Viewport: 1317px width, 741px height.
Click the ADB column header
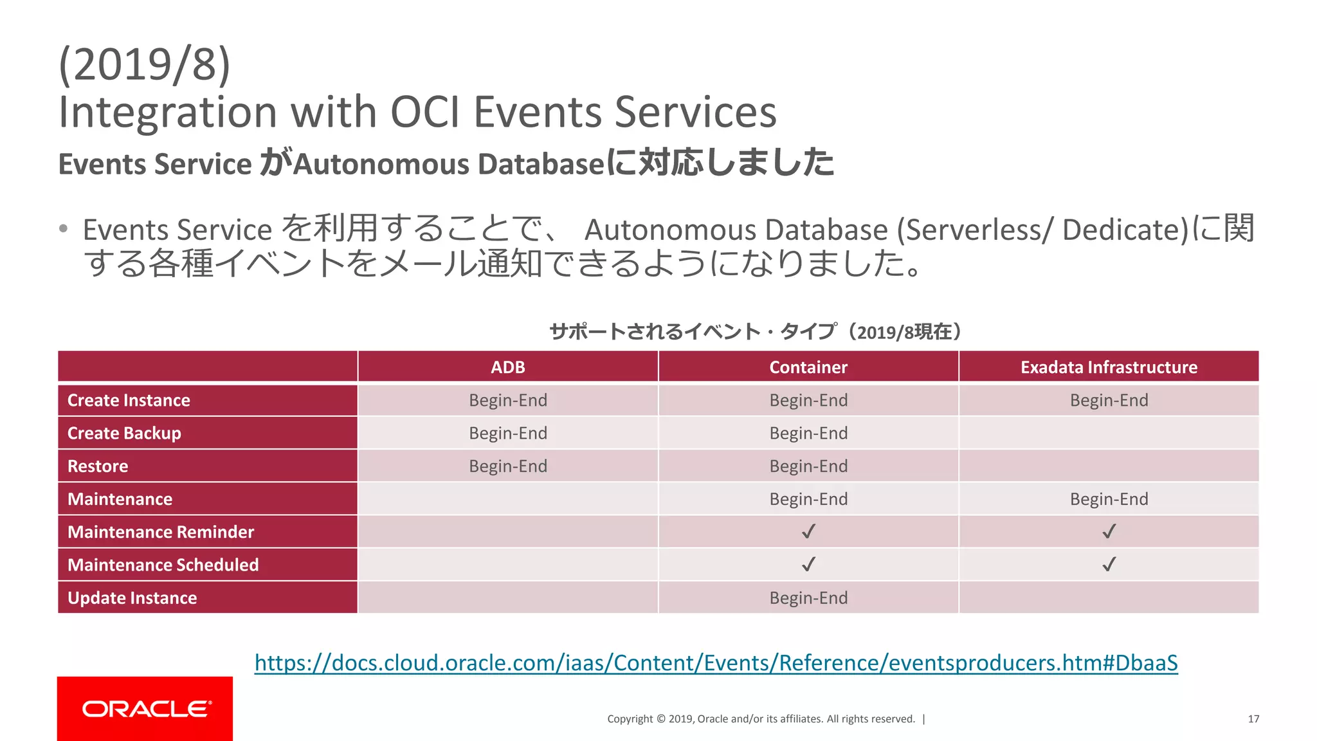click(x=507, y=367)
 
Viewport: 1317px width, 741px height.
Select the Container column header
click(x=808, y=367)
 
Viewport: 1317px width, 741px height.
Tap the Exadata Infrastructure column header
click(x=1109, y=367)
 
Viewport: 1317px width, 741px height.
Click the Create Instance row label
click(x=129, y=400)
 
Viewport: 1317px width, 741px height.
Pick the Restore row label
click(x=98, y=466)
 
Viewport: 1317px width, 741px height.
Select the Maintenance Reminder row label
click(x=161, y=532)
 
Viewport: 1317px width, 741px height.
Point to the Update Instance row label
click(x=132, y=598)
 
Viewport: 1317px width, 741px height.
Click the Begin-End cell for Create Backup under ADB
click(x=507, y=433)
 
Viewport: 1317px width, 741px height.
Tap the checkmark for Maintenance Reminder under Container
click(x=808, y=531)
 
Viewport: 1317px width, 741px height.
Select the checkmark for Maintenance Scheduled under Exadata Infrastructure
click(x=1109, y=564)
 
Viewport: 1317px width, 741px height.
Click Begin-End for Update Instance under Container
click(x=808, y=598)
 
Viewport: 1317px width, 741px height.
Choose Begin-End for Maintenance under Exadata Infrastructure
click(x=1109, y=499)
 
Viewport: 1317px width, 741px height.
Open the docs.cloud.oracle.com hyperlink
click(x=716, y=663)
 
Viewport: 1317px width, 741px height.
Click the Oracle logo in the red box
click(x=146, y=709)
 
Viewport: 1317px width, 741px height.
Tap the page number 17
click(x=1253, y=719)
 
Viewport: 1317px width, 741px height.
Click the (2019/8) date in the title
click(x=144, y=64)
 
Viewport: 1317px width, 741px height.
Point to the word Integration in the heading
click(x=168, y=112)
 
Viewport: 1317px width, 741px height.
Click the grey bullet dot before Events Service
click(x=63, y=229)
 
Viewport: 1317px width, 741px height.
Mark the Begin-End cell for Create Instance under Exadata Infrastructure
click(x=1109, y=400)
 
